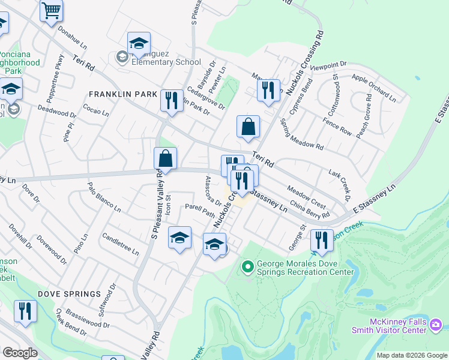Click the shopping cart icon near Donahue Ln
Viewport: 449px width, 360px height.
(52, 10)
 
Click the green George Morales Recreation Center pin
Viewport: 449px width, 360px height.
(247, 266)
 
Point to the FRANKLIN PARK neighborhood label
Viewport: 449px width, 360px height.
(122, 94)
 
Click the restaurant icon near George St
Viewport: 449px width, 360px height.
(322, 241)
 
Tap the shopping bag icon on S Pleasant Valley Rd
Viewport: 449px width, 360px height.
(165, 159)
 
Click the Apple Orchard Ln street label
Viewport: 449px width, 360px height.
(374, 88)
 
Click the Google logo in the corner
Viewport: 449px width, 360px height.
(20, 353)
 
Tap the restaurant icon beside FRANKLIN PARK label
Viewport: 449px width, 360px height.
(172, 100)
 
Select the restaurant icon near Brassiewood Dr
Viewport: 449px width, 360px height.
(25, 311)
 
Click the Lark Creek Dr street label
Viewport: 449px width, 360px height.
(339, 184)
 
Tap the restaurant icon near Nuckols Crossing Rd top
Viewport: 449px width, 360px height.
(268, 90)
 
